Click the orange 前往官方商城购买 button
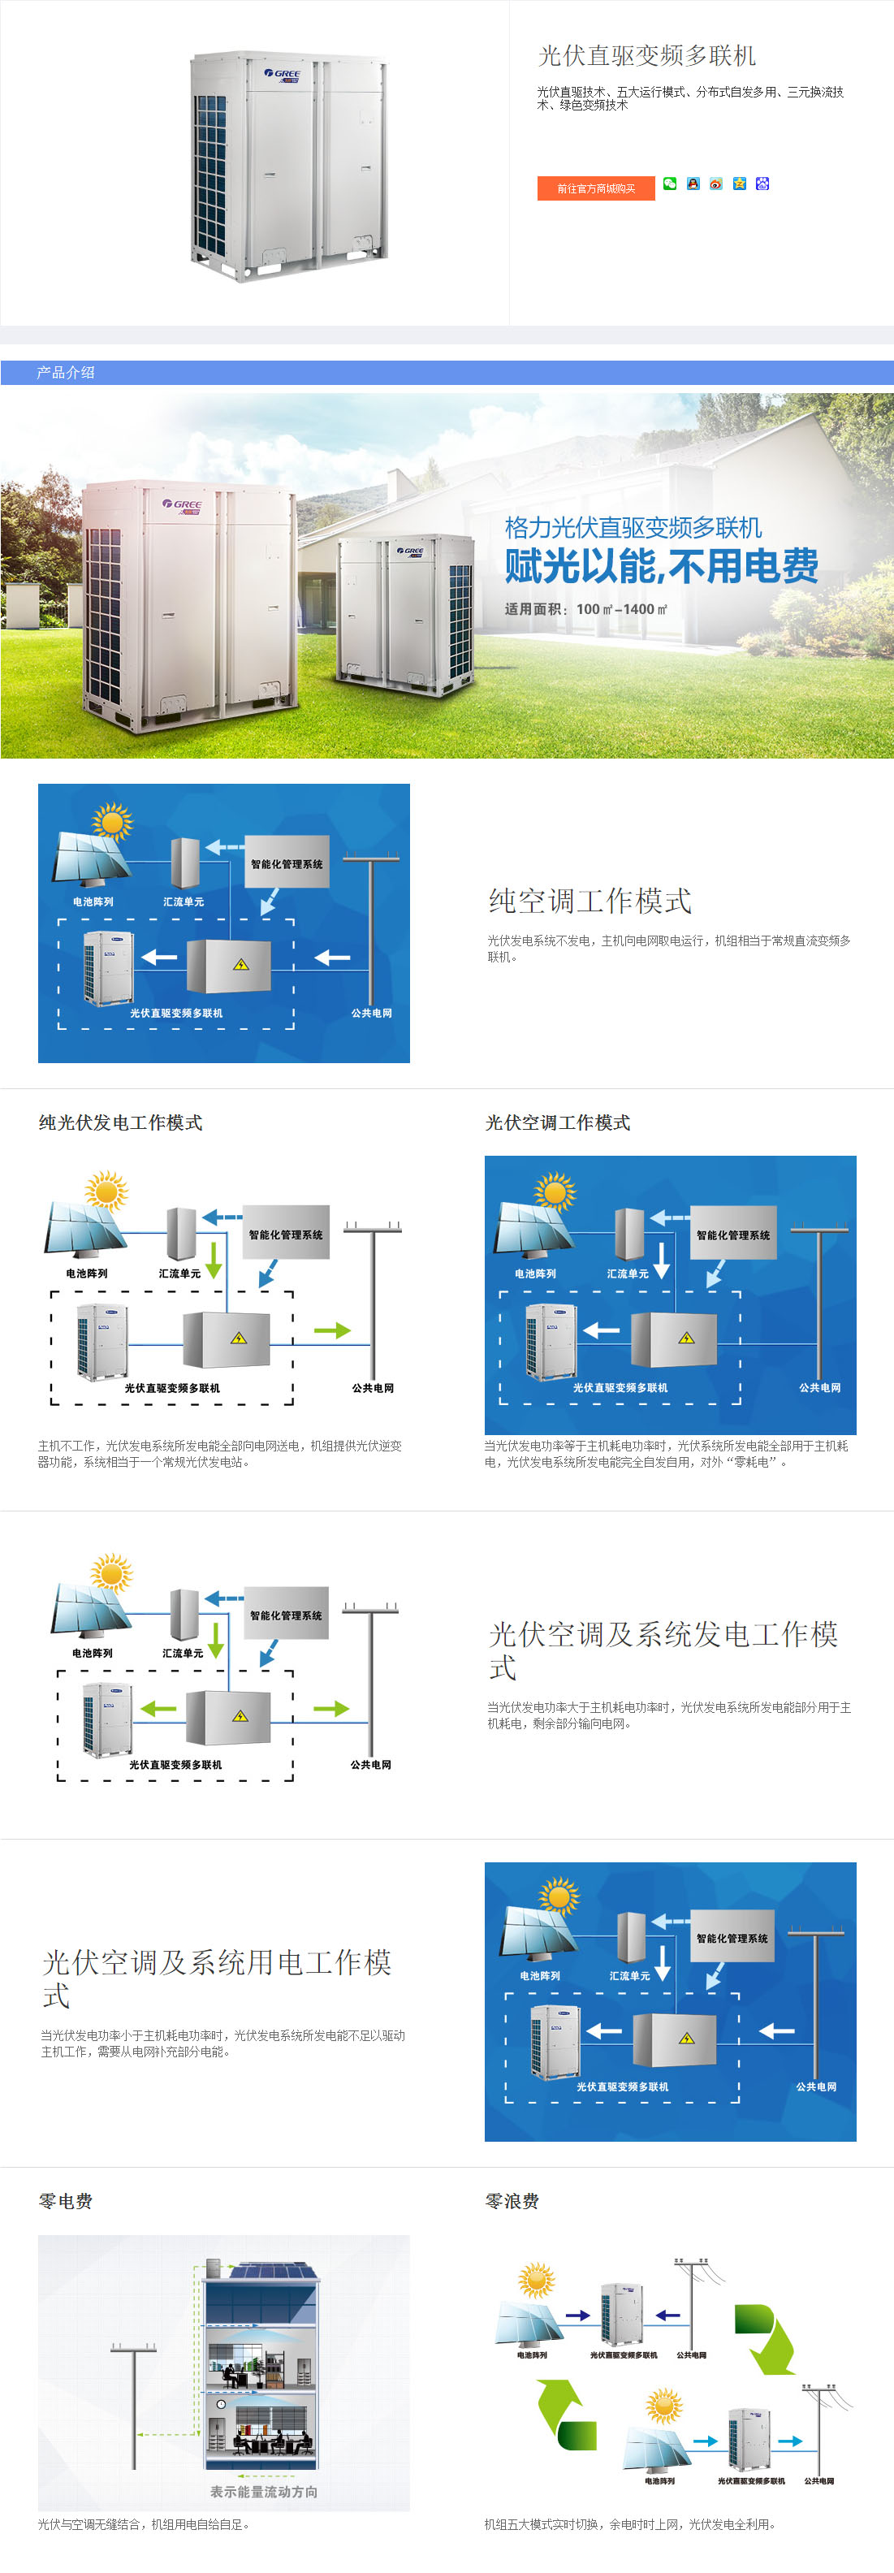pyautogui.click(x=595, y=188)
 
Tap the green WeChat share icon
pyautogui.click(x=669, y=184)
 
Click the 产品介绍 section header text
pyautogui.click(x=66, y=373)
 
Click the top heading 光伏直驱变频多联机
pyautogui.click(x=647, y=56)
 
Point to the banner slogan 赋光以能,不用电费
pyautogui.click(x=661, y=566)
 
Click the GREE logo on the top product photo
pyautogui.click(x=283, y=74)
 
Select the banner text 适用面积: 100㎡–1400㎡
pyautogui.click(x=585, y=609)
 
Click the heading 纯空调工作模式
pyautogui.click(x=590, y=901)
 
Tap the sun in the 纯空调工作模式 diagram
pyautogui.click(x=112, y=822)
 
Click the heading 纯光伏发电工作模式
pyautogui.click(x=121, y=1122)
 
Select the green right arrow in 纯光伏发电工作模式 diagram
pyautogui.click(x=331, y=1330)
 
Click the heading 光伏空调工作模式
pyautogui.click(x=557, y=1122)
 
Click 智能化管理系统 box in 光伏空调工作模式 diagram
pyautogui.click(x=733, y=1235)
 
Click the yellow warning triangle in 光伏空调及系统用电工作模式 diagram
pyautogui.click(x=686, y=2039)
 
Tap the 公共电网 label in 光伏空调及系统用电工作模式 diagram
pyautogui.click(x=816, y=2087)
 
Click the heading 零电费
pyautogui.click(x=66, y=2202)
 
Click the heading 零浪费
pyautogui.click(x=512, y=2202)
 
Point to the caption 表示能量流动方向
pyautogui.click(x=264, y=2492)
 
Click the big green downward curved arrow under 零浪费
pyautogui.click(x=768, y=2337)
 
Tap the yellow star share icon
pyautogui.click(x=739, y=184)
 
